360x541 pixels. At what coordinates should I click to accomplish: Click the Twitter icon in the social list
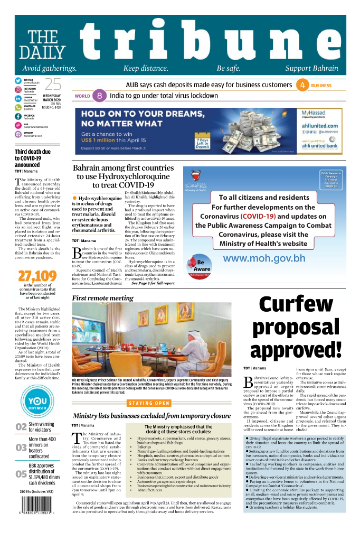coord(17,81)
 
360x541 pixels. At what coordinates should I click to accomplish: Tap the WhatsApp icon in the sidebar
coord(17,107)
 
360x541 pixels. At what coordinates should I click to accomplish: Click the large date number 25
coord(52,85)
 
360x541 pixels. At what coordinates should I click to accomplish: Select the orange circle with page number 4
coord(302,85)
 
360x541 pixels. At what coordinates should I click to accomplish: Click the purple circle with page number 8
coord(99,96)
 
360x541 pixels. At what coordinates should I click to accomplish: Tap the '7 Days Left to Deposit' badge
coord(202,143)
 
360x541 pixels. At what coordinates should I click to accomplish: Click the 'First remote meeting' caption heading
coord(103,298)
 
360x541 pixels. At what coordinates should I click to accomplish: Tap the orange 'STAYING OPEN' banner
coord(149,403)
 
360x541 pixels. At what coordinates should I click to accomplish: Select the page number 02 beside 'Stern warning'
coord(21,427)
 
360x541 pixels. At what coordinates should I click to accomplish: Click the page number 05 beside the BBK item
coord(21,474)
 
